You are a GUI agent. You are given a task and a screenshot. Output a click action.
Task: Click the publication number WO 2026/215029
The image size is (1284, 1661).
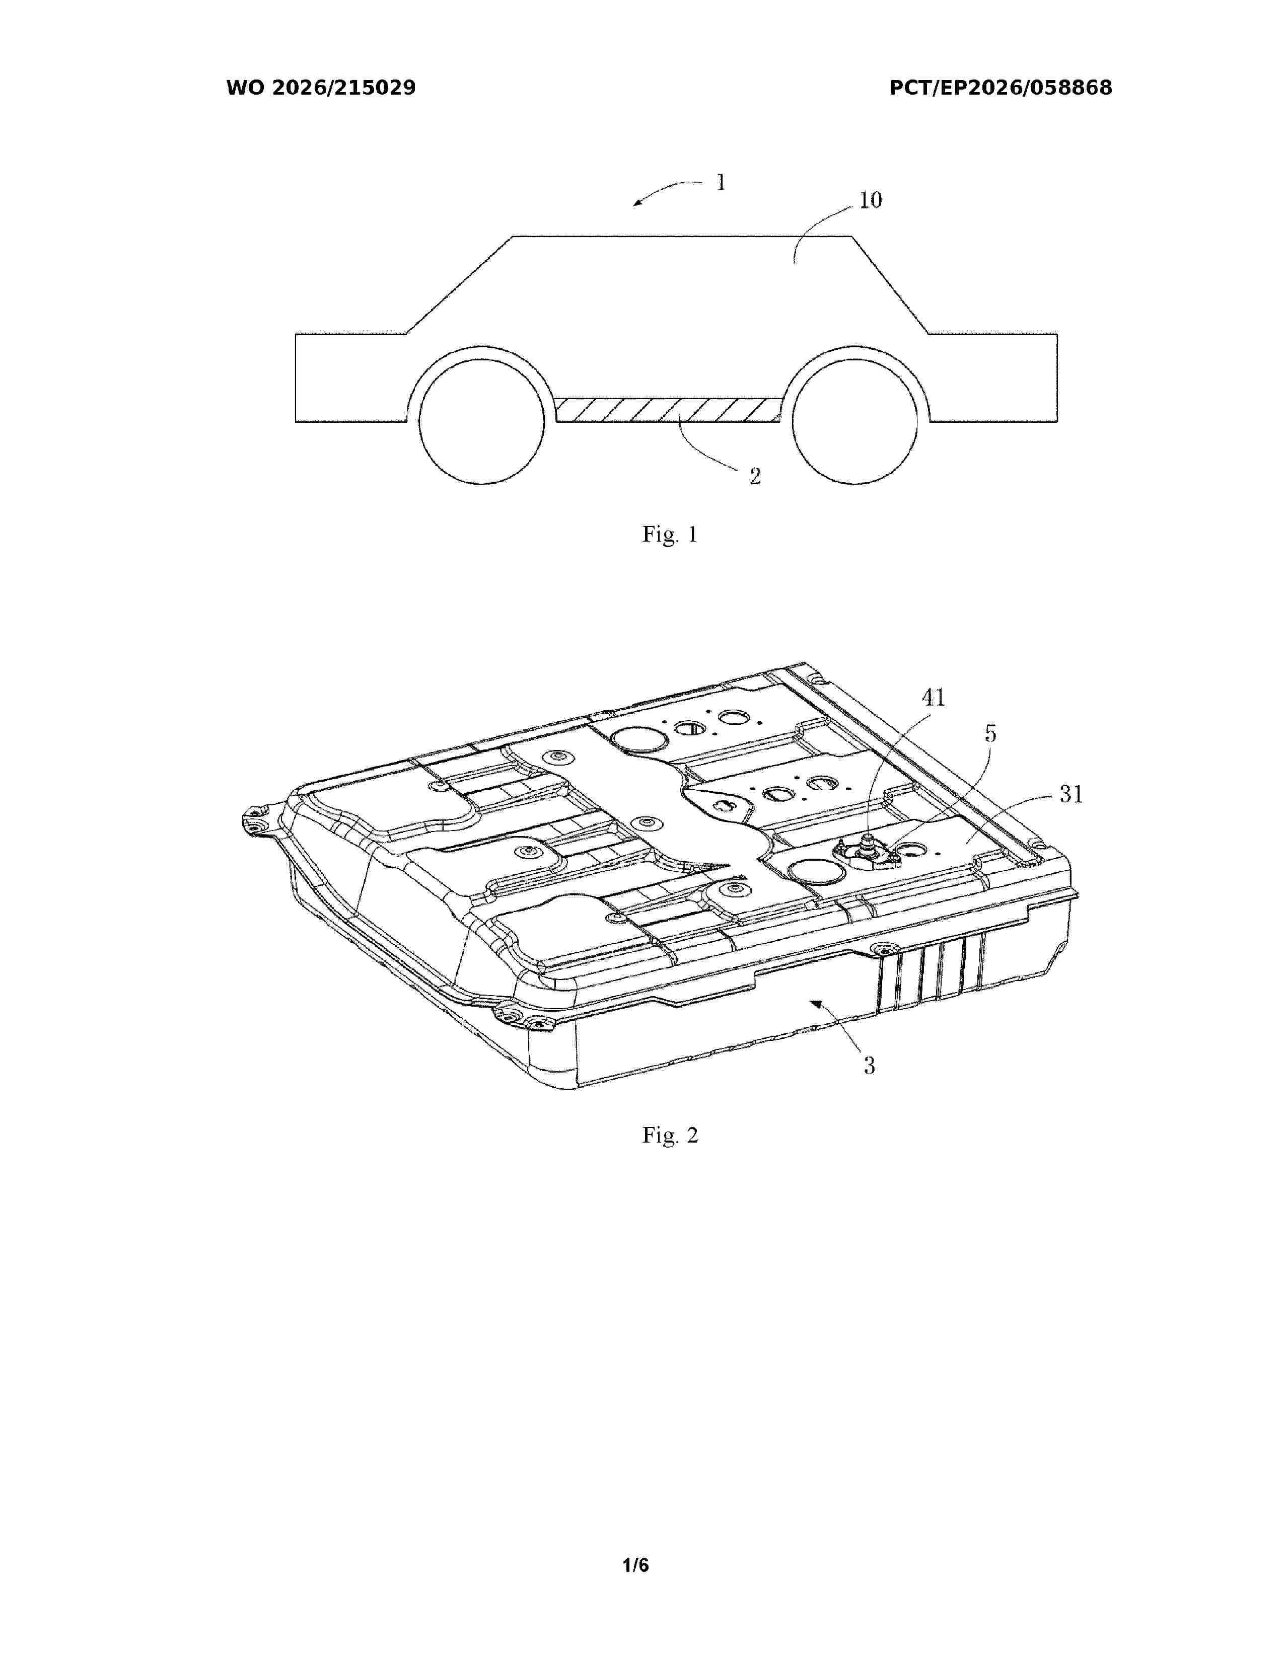point(321,88)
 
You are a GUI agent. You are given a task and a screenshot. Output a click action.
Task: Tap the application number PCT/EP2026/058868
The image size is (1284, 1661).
point(1001,88)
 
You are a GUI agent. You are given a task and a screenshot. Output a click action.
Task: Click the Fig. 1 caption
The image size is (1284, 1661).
point(669,535)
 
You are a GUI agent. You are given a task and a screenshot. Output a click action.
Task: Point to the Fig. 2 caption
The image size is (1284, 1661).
point(669,1136)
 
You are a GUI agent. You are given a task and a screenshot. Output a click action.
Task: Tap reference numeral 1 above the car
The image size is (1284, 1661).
point(721,183)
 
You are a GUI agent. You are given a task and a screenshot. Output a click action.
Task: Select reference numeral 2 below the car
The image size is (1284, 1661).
point(755,476)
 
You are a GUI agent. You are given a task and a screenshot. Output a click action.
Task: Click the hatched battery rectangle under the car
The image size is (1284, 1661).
point(668,409)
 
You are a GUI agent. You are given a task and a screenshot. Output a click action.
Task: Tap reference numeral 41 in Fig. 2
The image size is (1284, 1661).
point(934,698)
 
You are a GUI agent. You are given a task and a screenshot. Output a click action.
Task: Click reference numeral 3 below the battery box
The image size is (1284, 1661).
point(869,1066)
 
